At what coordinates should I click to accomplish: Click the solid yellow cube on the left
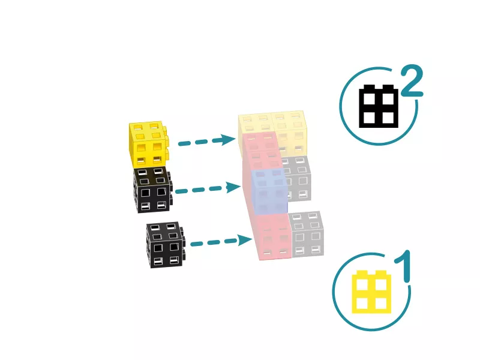pos(148,145)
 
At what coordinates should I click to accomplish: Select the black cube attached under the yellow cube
pos(152,190)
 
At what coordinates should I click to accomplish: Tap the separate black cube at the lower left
pos(166,245)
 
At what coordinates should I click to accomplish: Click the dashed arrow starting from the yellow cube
pos(206,141)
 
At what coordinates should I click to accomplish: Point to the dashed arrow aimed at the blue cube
pos(208,189)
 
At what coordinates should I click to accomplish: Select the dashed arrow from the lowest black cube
pos(221,242)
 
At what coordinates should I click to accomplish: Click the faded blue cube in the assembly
pos(269,191)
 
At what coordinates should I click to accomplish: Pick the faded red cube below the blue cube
pos(272,237)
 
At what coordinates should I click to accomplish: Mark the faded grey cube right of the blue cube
pos(296,179)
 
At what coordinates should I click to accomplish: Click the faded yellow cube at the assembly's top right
pos(289,134)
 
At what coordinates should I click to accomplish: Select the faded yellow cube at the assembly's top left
pos(256,124)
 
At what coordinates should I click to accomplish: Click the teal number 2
pos(412,81)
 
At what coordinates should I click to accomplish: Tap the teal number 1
pos(403,266)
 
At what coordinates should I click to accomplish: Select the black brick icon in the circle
pos(379,106)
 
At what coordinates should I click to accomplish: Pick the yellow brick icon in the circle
pos(371,292)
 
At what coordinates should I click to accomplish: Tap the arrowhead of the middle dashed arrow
pos(233,187)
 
